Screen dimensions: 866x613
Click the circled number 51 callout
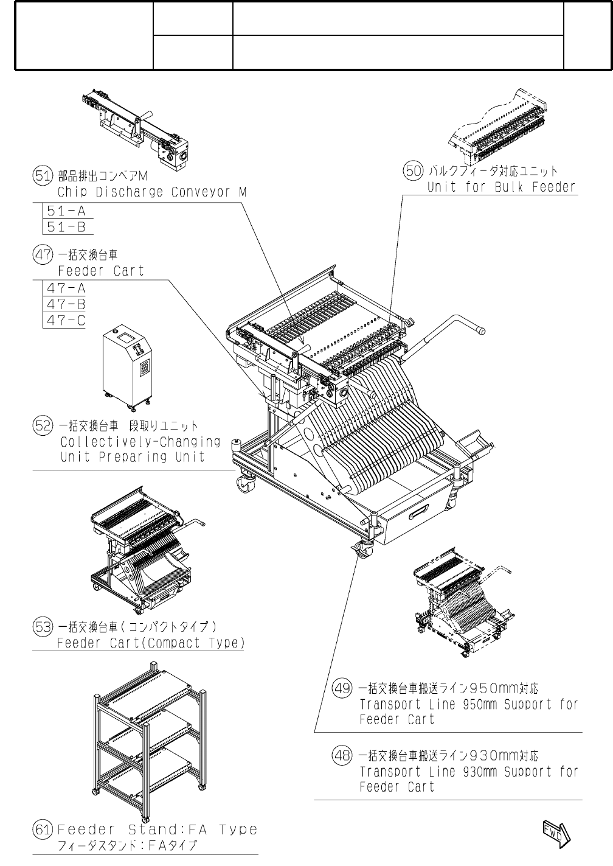(42, 176)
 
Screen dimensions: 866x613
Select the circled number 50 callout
(413, 171)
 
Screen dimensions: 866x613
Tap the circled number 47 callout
(42, 256)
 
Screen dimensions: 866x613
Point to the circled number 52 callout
(42, 425)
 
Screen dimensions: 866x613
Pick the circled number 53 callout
(42, 626)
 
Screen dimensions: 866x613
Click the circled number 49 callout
(342, 688)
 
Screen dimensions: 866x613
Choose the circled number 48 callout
(342, 756)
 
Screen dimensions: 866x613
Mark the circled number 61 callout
(42, 829)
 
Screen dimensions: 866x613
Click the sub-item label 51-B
(66, 228)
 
